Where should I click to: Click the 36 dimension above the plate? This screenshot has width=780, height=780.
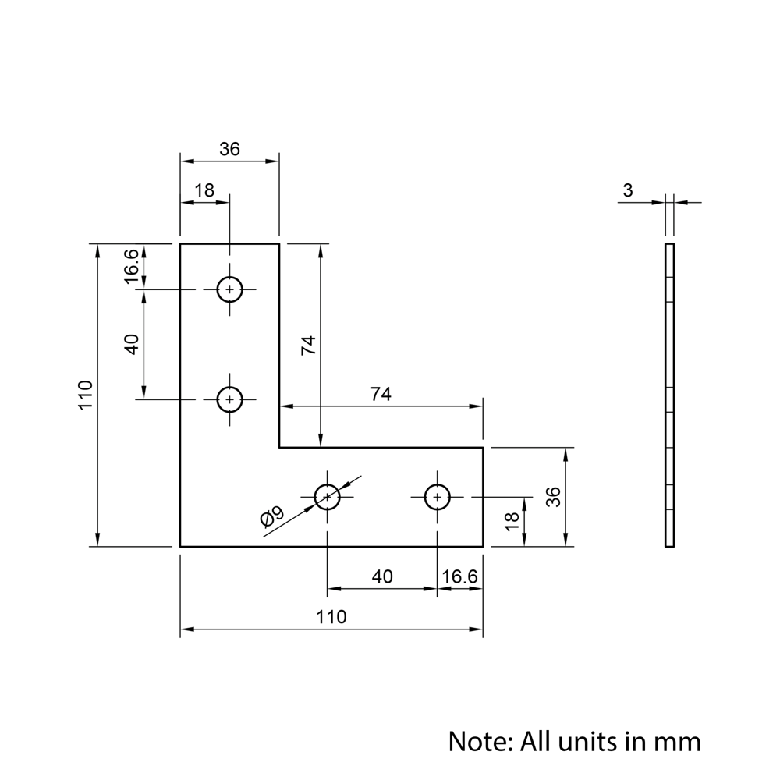coord(229,149)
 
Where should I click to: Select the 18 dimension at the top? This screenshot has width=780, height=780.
coord(204,190)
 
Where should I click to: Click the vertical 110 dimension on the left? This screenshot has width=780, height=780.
coord(86,395)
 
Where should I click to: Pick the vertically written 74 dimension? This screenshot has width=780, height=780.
coord(308,346)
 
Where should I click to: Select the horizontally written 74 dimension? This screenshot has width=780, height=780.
coord(380,395)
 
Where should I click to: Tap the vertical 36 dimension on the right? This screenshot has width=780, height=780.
coord(553,497)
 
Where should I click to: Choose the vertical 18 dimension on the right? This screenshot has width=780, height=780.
coord(512,522)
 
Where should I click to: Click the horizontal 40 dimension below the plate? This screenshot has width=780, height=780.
coord(382,576)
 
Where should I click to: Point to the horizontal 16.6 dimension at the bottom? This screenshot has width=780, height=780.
coord(459,576)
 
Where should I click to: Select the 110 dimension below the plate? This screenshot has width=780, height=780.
coord(331,617)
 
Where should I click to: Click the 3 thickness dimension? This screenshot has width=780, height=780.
coord(629,190)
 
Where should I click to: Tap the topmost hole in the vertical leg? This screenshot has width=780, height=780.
coord(229,289)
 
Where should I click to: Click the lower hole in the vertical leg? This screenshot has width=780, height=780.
coord(229,399)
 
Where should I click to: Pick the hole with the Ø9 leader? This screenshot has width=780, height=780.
coord(327,496)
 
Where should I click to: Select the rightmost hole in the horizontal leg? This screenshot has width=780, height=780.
coord(438,496)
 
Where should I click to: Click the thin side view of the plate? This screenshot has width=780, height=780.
coord(669,395)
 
